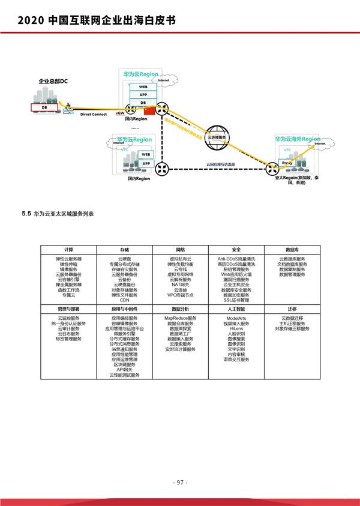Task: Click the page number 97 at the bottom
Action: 180,482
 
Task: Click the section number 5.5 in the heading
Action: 25,214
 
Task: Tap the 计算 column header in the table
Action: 68,249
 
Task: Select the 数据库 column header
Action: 292,249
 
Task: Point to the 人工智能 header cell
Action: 236,309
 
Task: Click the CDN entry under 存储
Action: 124,300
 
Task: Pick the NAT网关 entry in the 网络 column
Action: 180,285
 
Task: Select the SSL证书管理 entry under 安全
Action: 236,300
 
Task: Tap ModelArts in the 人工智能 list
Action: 236,318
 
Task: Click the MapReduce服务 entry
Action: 180,318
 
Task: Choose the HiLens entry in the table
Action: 236,328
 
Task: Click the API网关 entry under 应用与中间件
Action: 124,370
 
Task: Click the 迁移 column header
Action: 292,309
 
